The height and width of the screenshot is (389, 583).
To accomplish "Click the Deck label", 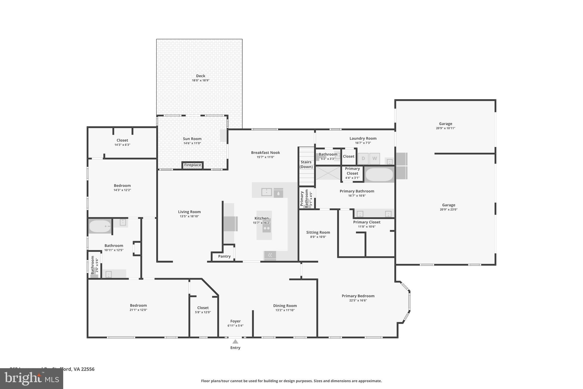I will click(200, 76).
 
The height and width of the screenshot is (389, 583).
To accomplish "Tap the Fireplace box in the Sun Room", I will click(192, 165).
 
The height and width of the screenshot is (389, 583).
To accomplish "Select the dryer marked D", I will click(363, 158).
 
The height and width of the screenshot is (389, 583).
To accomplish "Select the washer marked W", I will click(374, 158).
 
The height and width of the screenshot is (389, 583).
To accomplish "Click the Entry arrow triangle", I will click(235, 341).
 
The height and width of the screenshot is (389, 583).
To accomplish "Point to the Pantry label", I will click(224, 256).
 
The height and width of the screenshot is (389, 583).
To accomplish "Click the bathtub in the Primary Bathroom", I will click(379, 174).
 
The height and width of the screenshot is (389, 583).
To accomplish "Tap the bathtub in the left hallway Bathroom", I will click(100, 226).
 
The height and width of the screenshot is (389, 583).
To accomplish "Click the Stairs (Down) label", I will click(306, 164).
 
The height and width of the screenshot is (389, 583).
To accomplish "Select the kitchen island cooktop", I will click(266, 228).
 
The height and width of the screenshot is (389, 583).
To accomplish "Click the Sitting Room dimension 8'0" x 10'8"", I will click(318, 237).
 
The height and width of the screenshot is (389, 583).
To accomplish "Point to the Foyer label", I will click(235, 321).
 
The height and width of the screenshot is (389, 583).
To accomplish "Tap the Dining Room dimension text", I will click(285, 310).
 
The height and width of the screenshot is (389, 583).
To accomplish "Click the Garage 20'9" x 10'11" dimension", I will click(445, 128).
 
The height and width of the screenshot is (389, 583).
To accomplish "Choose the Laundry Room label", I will click(363, 139).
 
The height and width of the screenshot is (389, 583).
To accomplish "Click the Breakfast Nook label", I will click(265, 152).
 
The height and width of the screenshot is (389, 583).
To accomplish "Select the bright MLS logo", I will click(31, 378).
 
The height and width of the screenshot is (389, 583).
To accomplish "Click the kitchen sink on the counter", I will click(266, 192).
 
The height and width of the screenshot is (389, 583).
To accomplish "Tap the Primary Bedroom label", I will click(358, 296).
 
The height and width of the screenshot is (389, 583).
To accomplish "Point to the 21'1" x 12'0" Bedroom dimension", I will click(138, 310).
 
